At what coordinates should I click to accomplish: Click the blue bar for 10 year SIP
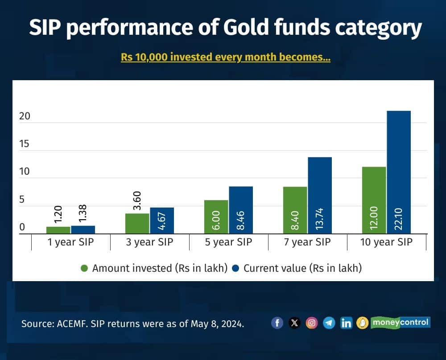point(398,172)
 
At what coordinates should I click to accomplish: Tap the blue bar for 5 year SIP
point(241,210)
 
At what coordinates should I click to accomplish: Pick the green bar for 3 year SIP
point(137,223)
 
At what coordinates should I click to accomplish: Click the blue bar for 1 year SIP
point(83,229)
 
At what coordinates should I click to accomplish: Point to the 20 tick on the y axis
point(25,116)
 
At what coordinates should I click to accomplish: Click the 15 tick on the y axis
point(25,144)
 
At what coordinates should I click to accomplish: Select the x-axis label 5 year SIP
point(228,243)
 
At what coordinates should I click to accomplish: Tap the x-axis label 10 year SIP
point(386,243)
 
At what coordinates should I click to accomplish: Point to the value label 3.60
point(137,200)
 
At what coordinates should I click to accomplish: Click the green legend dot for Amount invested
point(84,268)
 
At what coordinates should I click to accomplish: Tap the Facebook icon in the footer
point(277,323)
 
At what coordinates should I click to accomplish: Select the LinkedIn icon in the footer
point(346,323)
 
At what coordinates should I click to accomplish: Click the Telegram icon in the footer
point(329,323)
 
